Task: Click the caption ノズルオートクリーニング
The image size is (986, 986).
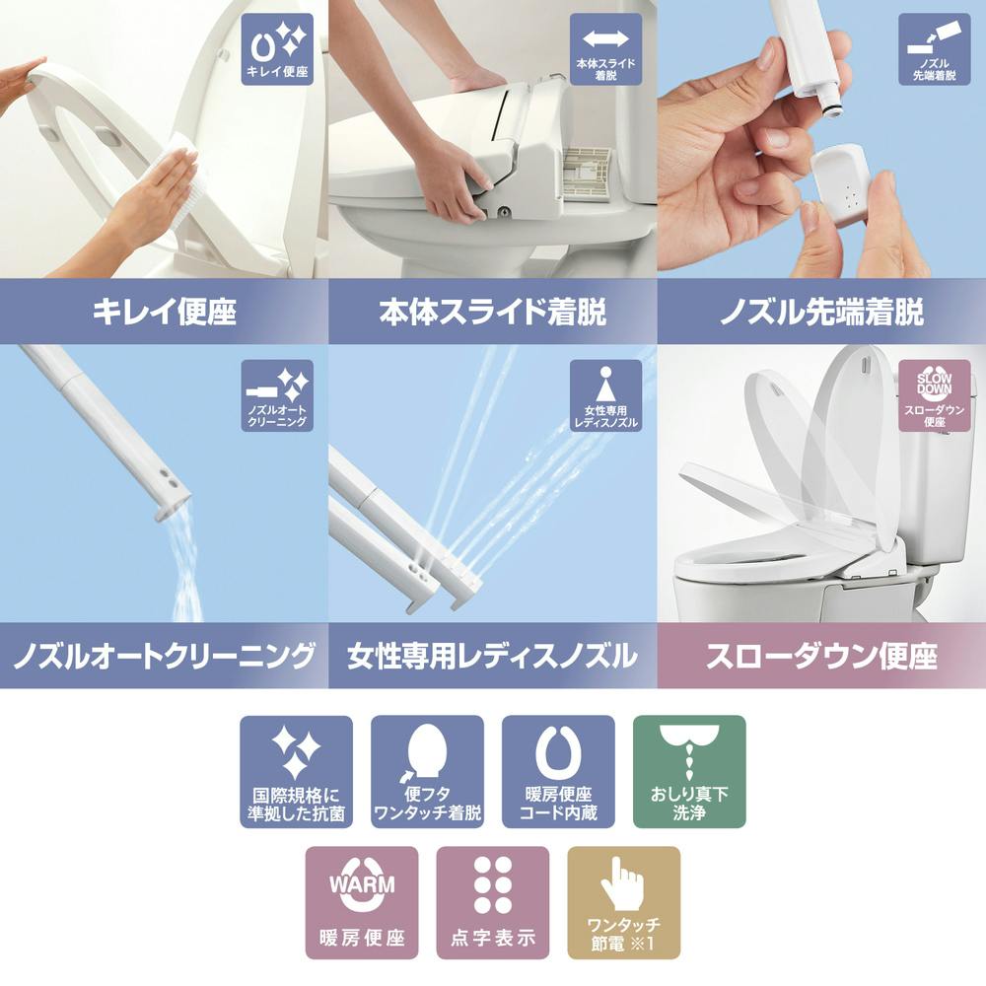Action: pos(164,655)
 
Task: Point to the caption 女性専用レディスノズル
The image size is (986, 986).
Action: pos(492,655)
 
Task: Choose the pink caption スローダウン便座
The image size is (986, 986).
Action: pos(821,655)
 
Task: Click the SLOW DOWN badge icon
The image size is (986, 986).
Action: pos(934,395)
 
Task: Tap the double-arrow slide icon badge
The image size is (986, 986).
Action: pos(605,48)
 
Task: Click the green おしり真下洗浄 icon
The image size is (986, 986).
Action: pos(689,771)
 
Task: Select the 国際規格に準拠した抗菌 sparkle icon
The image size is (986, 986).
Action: pos(296,771)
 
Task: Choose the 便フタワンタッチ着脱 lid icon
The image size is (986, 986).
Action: pos(427,771)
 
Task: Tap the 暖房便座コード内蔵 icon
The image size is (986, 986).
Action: pos(558,771)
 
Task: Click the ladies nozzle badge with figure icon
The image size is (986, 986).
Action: pos(605,395)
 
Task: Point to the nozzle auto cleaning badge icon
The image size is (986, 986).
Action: pos(277,395)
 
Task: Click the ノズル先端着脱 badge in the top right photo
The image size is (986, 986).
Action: pos(934,48)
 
